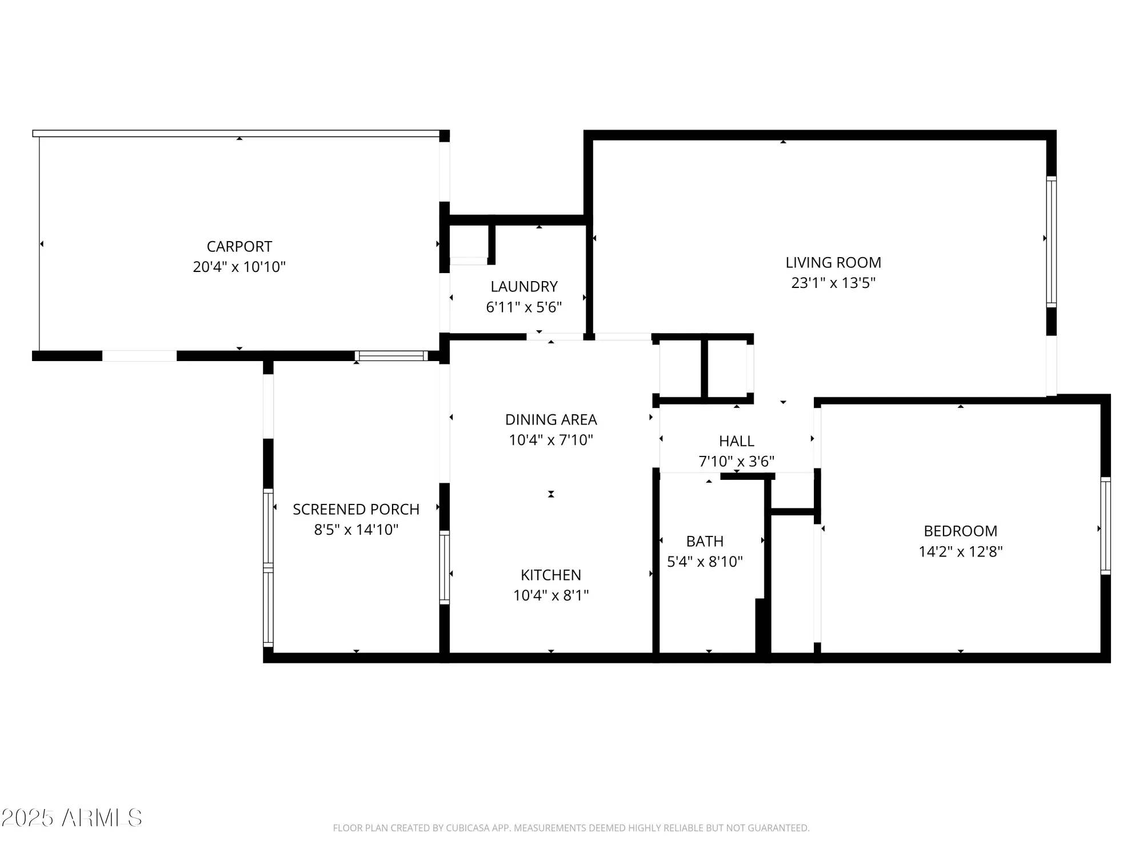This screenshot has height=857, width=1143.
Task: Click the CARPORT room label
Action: coord(239,246)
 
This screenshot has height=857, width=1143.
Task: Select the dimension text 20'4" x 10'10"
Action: coord(239,267)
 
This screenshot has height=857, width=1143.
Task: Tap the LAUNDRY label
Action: coord(523,286)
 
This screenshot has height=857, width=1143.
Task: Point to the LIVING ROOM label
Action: coord(833,262)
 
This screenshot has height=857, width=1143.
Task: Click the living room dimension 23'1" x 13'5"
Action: coord(833,283)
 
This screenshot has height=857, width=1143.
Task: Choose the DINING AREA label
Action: coord(550,419)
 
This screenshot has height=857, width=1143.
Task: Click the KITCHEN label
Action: coord(550,575)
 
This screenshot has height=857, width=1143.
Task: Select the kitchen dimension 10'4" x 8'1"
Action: coord(550,595)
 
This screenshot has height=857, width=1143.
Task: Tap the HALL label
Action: coord(736,441)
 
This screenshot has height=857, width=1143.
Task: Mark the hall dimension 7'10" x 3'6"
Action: coord(736,461)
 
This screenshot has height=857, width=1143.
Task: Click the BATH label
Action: coord(705,541)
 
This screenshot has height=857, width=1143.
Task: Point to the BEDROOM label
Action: coord(960,531)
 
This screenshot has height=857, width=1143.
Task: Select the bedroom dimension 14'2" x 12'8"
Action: coord(960,551)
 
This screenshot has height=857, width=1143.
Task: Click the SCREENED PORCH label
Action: coord(355,509)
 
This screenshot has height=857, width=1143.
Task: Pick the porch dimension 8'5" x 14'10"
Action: coord(355,530)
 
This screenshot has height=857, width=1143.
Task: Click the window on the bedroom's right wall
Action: coord(1105,526)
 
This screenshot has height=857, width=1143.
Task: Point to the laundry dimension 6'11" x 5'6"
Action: coord(523,307)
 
